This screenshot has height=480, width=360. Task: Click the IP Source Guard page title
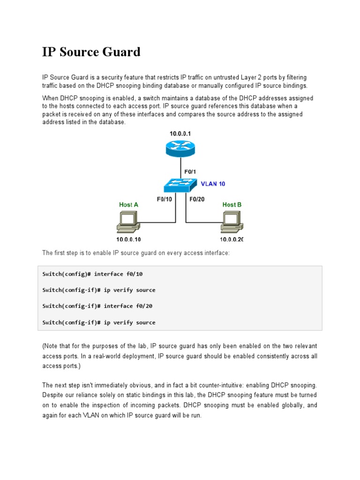point(91,52)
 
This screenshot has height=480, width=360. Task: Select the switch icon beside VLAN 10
point(180,186)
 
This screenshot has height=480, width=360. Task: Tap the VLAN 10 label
point(213,184)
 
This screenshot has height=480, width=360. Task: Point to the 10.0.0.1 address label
point(180,134)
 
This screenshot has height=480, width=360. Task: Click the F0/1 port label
point(190,172)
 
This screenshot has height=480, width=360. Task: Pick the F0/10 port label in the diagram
point(164,199)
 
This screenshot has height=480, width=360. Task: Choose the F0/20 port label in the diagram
point(197,199)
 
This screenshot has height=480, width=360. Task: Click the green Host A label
point(128,204)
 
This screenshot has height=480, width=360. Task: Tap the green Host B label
point(232,204)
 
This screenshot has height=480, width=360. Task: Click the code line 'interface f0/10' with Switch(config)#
point(92,274)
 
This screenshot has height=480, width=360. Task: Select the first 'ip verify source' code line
point(98,290)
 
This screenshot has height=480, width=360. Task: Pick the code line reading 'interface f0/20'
point(97,306)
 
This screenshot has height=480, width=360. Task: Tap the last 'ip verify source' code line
point(98,322)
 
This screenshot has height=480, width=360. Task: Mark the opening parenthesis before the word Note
point(44,346)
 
